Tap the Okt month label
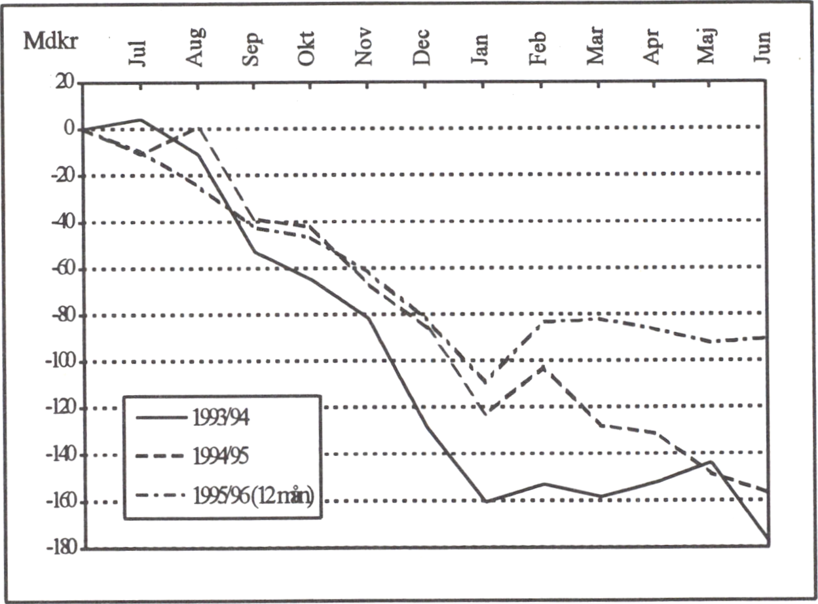(x=307, y=48)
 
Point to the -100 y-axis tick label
(x=60, y=362)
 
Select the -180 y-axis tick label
(x=60, y=548)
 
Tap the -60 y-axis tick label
(x=62, y=269)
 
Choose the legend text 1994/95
(x=221, y=456)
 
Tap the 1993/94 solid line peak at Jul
(x=140, y=120)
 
